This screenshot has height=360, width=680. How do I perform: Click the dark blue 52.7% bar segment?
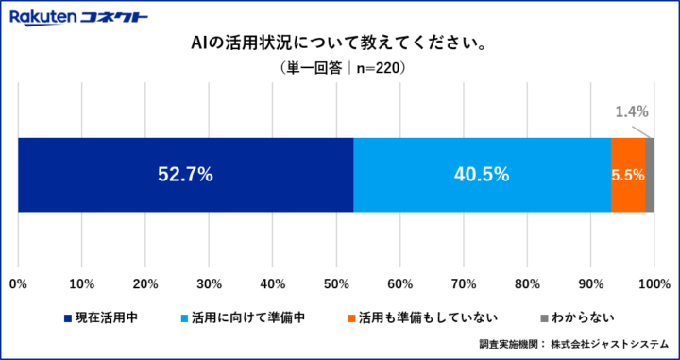click(x=185, y=174)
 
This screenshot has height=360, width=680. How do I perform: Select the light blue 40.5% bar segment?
click(x=482, y=174)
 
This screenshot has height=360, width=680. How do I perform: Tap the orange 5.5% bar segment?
click(x=628, y=174)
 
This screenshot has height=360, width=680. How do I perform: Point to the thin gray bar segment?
click(x=650, y=174)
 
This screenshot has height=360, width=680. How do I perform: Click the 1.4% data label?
click(x=629, y=111)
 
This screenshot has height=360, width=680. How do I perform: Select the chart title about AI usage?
click(x=340, y=44)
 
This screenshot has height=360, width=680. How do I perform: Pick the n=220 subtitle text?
click(x=340, y=69)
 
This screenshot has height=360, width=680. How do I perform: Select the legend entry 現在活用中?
click(x=107, y=317)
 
